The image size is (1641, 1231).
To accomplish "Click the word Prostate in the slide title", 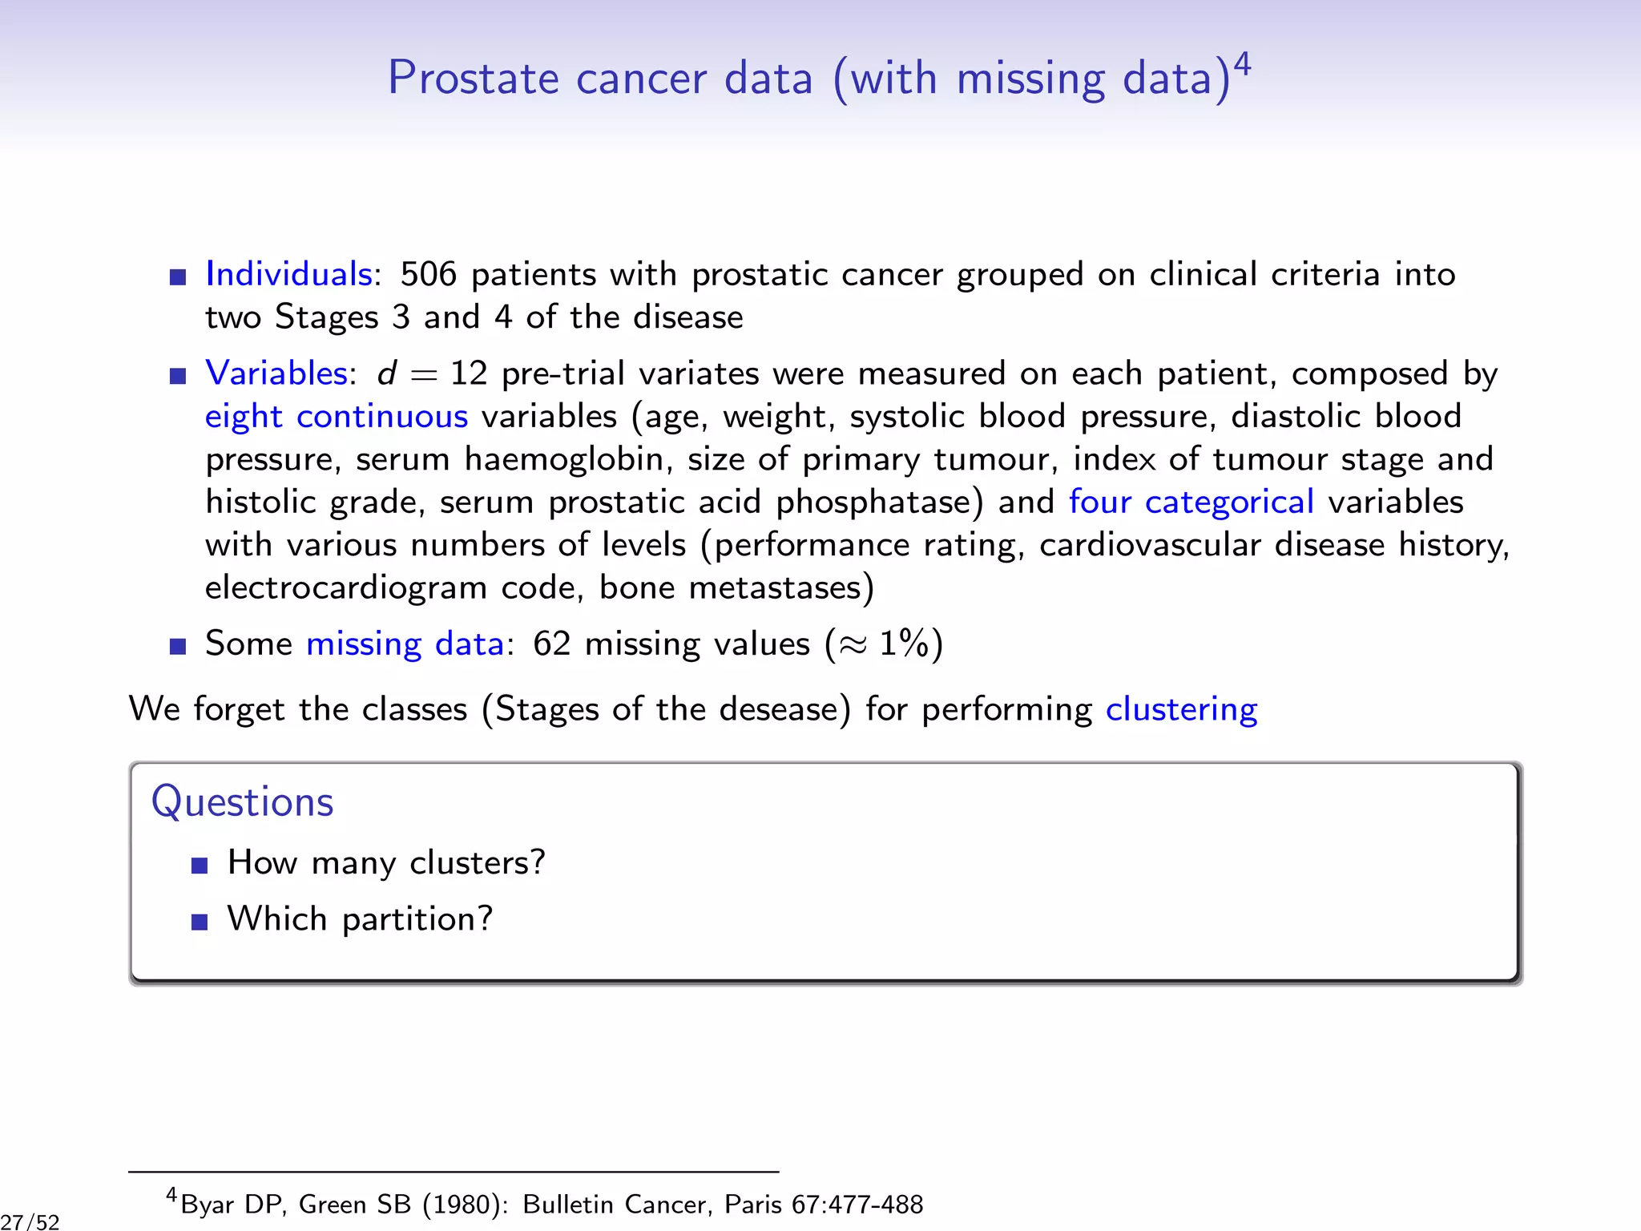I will click(x=473, y=79).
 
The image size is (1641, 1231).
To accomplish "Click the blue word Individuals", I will click(x=288, y=274).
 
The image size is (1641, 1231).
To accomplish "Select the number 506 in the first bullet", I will click(x=428, y=274).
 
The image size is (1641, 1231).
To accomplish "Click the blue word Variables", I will click(x=276, y=373).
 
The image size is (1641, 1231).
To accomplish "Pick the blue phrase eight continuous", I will click(x=337, y=417).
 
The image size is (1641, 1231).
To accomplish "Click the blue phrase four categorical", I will click(x=1191, y=502).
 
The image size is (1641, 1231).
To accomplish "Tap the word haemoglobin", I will click(x=568, y=460).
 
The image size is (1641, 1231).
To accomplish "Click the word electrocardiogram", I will click(x=345, y=588).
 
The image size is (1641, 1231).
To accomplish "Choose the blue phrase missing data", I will click(x=405, y=644).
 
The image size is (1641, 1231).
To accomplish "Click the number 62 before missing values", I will click(x=551, y=644).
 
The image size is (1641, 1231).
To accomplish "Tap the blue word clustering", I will click(x=1181, y=710).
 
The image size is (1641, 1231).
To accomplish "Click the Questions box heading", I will click(x=242, y=801).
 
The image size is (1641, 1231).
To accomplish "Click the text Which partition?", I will click(x=360, y=919).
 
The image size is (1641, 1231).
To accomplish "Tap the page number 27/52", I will click(x=30, y=1221).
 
